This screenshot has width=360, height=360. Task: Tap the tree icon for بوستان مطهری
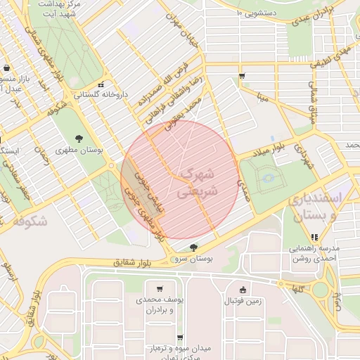click(x=78, y=138)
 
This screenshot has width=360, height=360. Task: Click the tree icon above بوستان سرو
click(x=193, y=247)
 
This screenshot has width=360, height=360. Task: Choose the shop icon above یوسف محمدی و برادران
click(x=160, y=288)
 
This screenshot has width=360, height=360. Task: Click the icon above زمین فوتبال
click(x=243, y=290)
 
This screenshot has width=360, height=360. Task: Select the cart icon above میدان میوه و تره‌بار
click(x=180, y=337)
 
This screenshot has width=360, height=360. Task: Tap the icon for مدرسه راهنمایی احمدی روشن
click(x=314, y=237)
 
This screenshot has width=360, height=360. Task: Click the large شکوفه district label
click(x=30, y=221)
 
